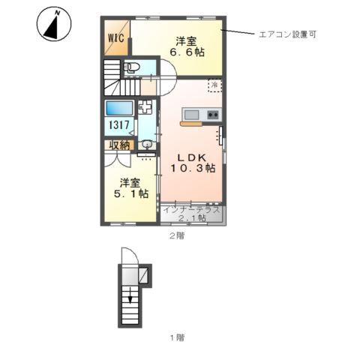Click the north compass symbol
52,25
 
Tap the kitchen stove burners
212,115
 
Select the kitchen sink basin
191,115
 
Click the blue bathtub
119,107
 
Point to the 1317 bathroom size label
119,127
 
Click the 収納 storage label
120,145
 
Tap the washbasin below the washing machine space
147,145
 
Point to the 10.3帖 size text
193,169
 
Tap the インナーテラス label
192,209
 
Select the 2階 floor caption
175,235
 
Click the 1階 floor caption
175,337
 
